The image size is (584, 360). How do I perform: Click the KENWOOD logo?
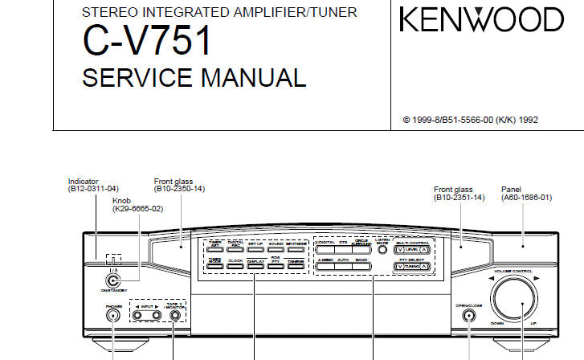[482, 19]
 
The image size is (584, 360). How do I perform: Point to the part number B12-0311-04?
[94, 189]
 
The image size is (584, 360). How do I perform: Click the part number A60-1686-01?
[526, 197]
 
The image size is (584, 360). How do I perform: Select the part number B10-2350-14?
[179, 189]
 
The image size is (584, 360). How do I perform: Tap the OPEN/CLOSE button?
[468, 315]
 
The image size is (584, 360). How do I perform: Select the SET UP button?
[255, 245]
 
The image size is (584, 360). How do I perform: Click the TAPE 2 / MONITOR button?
[176, 315]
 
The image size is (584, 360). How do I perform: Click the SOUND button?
[276, 245]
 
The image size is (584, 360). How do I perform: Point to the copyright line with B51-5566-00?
[470, 120]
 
